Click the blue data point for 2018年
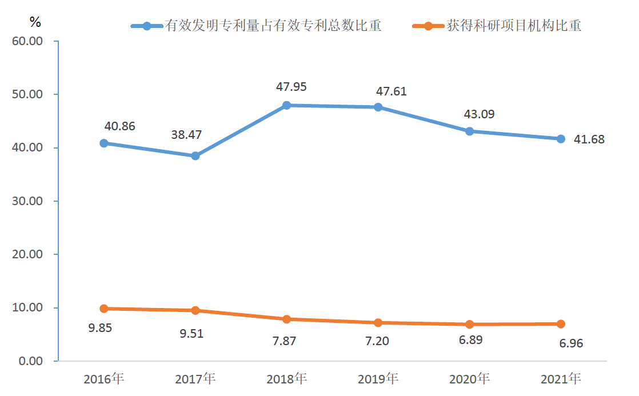(x=287, y=105)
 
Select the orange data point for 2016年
(x=104, y=309)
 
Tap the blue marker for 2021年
(x=561, y=139)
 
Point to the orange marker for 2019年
(x=378, y=323)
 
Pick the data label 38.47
(x=186, y=135)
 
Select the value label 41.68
(x=589, y=139)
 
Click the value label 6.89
(x=470, y=340)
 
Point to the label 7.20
(x=377, y=341)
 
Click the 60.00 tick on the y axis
(x=27, y=41)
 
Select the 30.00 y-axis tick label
(x=27, y=201)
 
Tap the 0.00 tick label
(x=30, y=361)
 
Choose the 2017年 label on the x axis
(x=195, y=379)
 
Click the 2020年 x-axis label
(x=470, y=379)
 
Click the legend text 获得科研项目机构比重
(x=514, y=26)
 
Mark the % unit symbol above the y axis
(x=35, y=22)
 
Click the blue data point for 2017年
(x=195, y=155)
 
